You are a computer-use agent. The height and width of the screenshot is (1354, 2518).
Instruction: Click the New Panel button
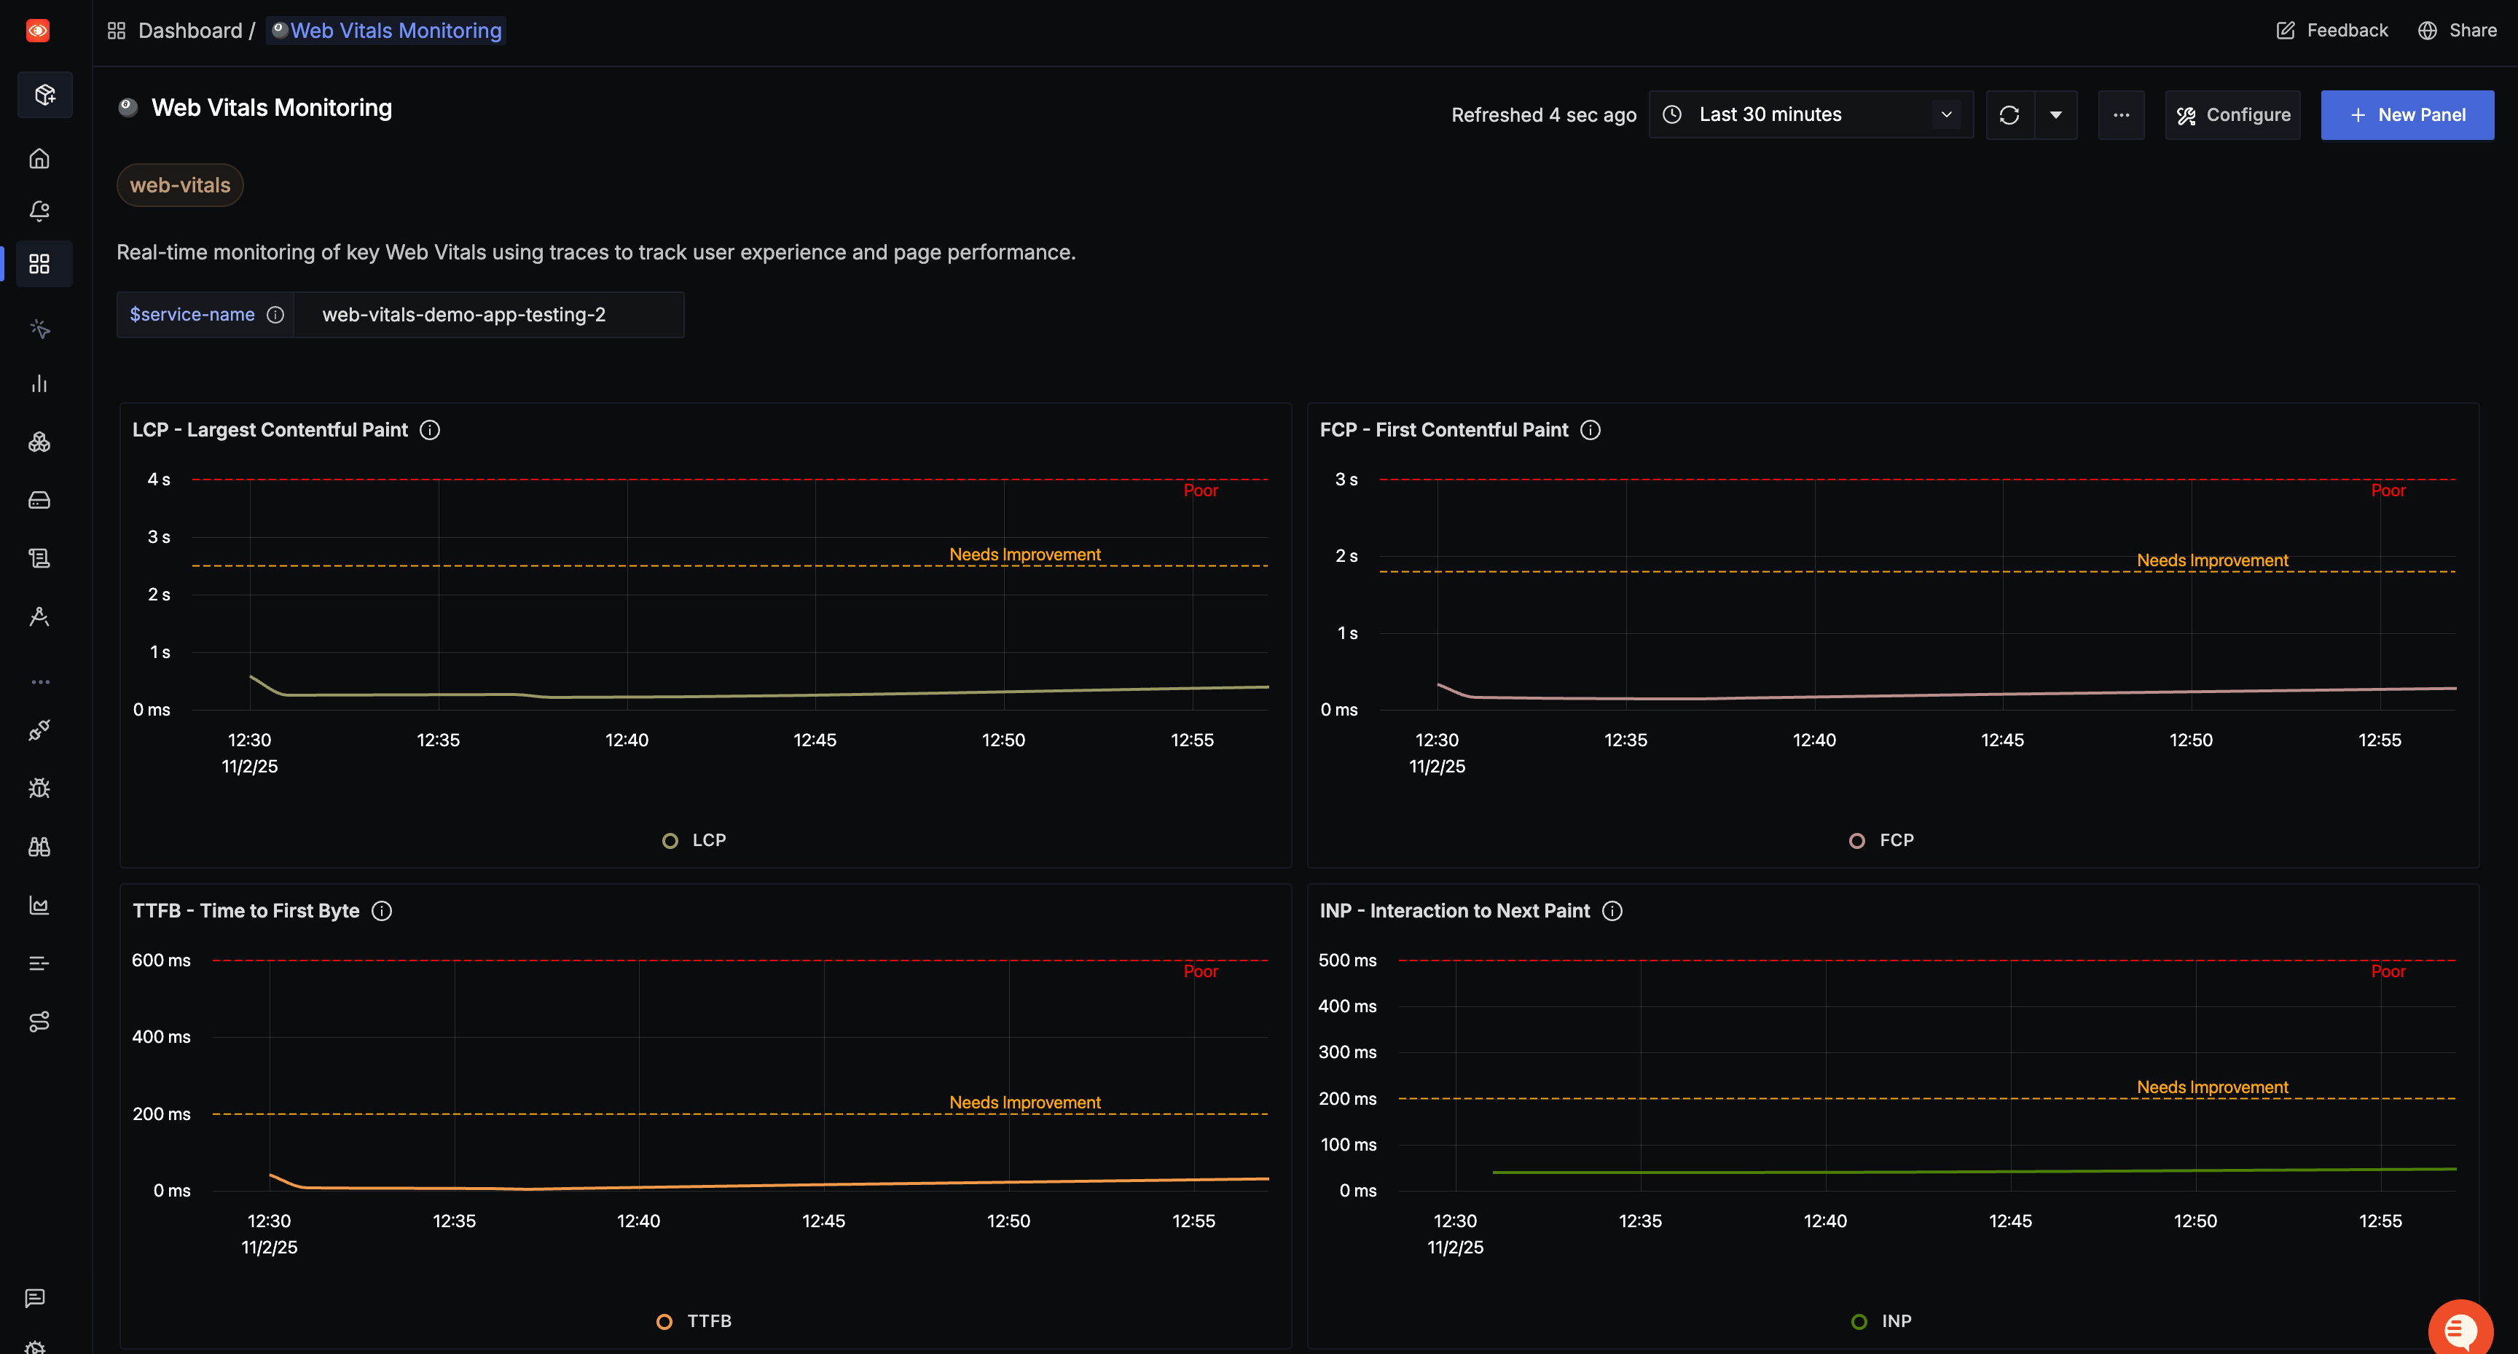[2407, 114]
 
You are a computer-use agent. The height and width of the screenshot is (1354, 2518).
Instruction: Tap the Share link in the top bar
[2458, 31]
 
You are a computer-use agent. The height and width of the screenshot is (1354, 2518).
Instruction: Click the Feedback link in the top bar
[2332, 31]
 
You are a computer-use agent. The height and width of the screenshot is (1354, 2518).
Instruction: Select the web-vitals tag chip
[180, 185]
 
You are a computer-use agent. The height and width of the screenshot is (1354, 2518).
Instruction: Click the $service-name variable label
[192, 315]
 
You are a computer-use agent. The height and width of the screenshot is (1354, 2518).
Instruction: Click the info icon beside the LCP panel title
[430, 430]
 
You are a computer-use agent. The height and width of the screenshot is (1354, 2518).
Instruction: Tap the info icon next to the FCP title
[1591, 430]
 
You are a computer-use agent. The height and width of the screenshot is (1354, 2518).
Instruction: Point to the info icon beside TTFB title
[383, 911]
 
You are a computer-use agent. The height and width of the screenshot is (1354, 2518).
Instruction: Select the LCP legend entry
[695, 840]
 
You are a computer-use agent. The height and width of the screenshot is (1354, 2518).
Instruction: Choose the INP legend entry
[1882, 1320]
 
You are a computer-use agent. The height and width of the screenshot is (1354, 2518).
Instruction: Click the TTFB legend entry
[695, 1320]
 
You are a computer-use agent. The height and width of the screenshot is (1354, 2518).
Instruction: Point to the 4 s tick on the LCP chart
[158, 479]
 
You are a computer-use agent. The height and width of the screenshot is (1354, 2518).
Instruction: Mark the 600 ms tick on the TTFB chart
[161, 960]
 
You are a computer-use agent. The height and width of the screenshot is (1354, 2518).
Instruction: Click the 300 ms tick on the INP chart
[1347, 1052]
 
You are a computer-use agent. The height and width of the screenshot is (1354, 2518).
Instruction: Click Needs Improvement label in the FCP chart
[2212, 560]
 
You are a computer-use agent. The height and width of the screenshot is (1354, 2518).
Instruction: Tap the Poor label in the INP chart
[2388, 971]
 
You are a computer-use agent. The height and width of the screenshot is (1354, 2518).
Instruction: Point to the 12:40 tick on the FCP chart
[1814, 740]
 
